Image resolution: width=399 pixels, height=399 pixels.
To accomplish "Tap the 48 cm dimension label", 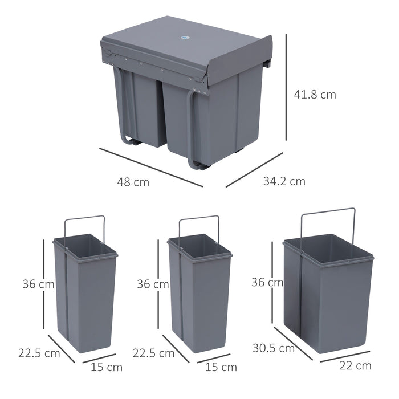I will click(x=133, y=182).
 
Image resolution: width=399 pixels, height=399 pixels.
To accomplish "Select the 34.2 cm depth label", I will click(x=284, y=182).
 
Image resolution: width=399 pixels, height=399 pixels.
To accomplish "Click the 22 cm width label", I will click(x=356, y=366).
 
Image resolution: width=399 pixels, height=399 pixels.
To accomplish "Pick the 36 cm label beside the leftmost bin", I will click(x=38, y=283).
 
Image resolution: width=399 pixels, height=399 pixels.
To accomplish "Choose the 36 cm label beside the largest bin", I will click(x=267, y=282).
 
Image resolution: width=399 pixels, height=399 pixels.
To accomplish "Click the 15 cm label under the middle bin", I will click(x=221, y=367).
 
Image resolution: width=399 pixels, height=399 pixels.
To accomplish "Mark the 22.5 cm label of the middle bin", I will click(x=153, y=353).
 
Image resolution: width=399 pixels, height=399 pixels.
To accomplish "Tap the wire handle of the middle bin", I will click(x=199, y=217).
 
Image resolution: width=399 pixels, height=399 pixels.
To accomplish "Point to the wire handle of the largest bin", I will click(x=328, y=211).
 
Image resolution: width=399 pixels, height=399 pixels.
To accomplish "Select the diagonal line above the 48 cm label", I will click(x=150, y=168).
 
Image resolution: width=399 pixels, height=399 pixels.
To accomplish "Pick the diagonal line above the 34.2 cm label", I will click(x=254, y=169).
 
